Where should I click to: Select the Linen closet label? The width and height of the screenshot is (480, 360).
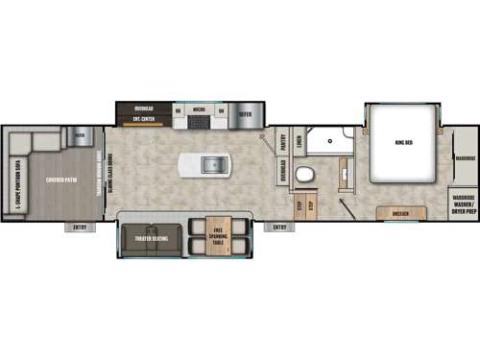(x=300, y=142)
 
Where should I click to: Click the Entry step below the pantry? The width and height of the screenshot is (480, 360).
(x=279, y=227)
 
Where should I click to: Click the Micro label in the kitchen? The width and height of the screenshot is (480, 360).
(x=200, y=108)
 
